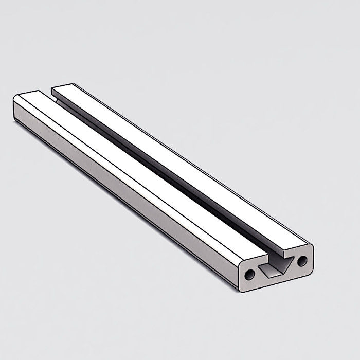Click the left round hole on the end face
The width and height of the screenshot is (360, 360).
click(x=249, y=275)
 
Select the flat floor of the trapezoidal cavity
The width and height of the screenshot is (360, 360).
click(x=272, y=273)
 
